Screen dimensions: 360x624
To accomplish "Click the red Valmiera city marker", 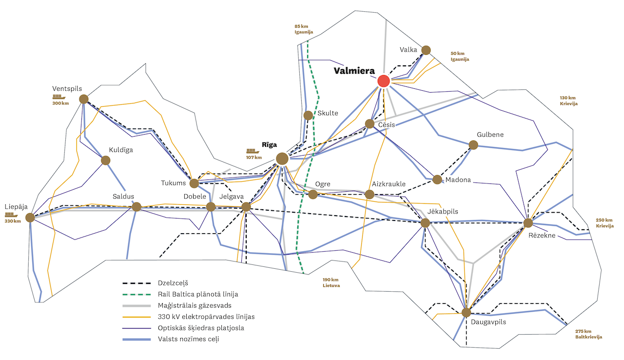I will tap(384, 81).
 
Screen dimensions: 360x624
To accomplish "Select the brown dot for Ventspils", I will tap(83, 99).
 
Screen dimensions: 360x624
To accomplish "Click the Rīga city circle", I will tap(282, 158).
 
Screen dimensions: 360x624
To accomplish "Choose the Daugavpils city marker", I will tap(466, 312).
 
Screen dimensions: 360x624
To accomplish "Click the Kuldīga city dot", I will tap(105, 160).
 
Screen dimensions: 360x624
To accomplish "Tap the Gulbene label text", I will tap(490, 135).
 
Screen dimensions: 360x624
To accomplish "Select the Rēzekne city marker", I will tap(528, 223).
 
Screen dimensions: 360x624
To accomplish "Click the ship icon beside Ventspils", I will tap(58, 97).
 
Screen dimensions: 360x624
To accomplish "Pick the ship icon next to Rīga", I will tap(252, 151).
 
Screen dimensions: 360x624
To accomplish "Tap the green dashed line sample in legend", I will tap(136, 294).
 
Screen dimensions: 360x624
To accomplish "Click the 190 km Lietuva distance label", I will tap(331, 282).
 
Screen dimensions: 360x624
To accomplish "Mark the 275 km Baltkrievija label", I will tap(588, 334).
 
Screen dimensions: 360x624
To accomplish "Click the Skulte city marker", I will tap(308, 115).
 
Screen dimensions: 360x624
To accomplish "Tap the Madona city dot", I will tap(437, 180).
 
